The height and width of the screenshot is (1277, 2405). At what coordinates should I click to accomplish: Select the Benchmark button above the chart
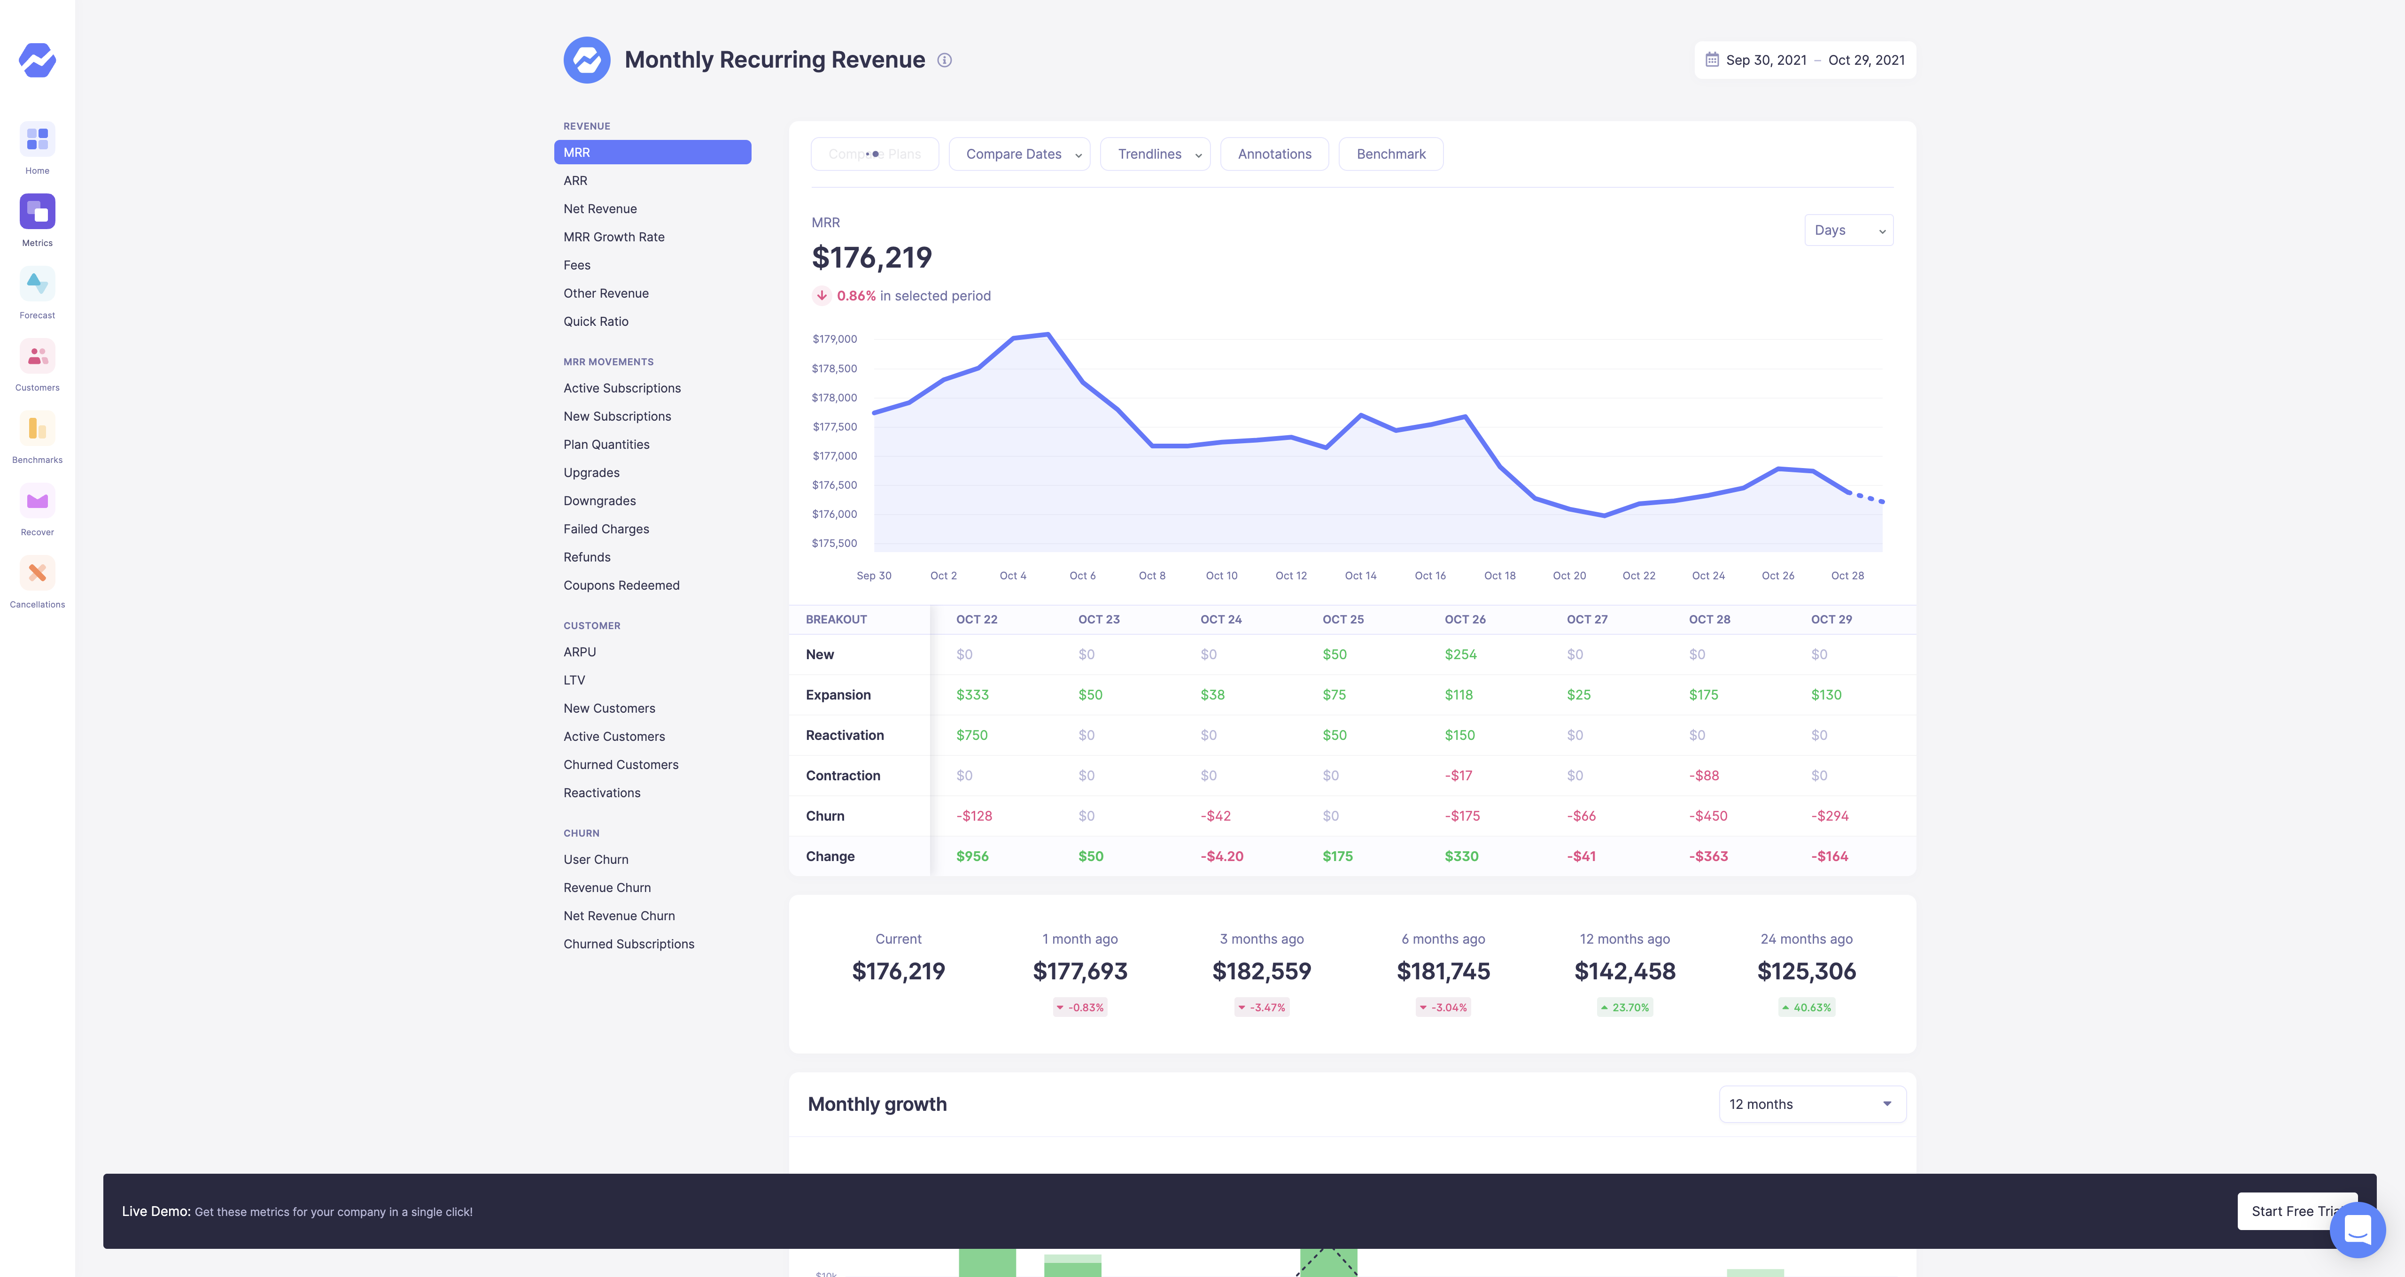(1390, 154)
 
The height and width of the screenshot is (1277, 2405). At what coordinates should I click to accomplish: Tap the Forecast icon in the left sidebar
(38, 284)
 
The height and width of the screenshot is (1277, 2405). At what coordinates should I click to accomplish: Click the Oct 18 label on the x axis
(1499, 576)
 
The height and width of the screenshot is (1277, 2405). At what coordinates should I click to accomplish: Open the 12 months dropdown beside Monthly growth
(1811, 1104)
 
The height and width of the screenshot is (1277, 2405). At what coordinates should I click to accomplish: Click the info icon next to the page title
(945, 61)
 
